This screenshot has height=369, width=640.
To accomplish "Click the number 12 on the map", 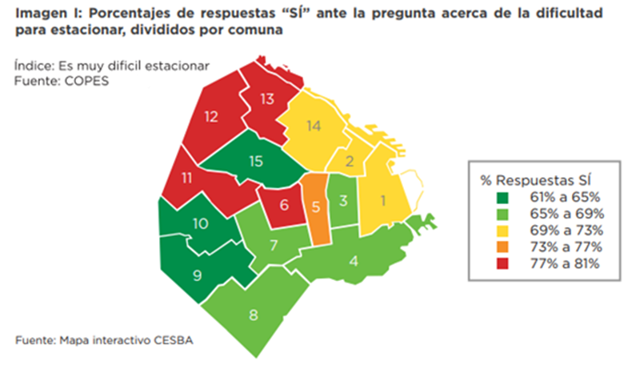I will click(x=211, y=117).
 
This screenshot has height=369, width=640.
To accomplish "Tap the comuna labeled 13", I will click(x=267, y=98).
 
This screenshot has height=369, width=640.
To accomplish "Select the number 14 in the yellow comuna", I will click(x=313, y=125).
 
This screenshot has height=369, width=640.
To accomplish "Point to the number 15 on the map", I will click(x=255, y=161).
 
